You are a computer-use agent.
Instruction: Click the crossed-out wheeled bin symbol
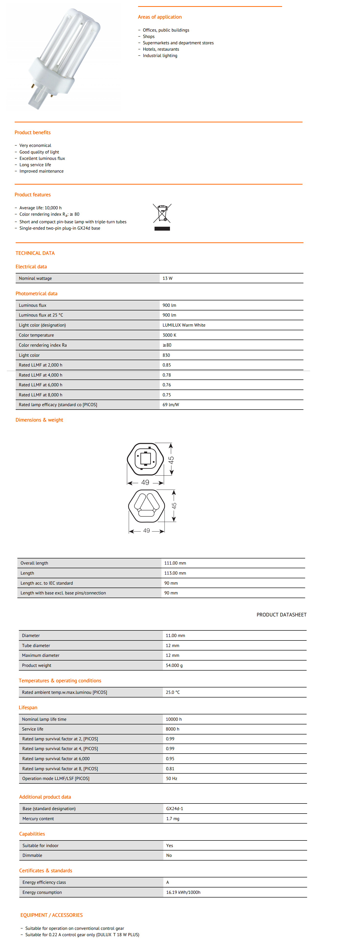[162, 213]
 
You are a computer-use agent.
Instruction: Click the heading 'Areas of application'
[160, 17]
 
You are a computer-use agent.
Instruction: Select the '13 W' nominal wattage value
[167, 278]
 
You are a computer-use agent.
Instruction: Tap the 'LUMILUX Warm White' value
[184, 325]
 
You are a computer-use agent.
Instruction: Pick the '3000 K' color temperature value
[169, 335]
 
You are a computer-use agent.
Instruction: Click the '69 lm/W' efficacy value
[171, 405]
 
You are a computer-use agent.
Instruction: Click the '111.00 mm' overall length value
[175, 563]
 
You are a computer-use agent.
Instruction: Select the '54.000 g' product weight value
[174, 665]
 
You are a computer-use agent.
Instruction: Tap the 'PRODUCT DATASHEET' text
[281, 615]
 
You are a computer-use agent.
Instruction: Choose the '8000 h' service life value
[172, 729]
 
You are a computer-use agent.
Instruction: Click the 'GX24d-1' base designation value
[174, 809]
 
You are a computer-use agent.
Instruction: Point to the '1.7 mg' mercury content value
[172, 818]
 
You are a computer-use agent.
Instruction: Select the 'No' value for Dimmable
[169, 855]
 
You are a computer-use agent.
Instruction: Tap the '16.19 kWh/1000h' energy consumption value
[183, 892]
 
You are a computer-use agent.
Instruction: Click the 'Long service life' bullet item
[35, 165]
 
